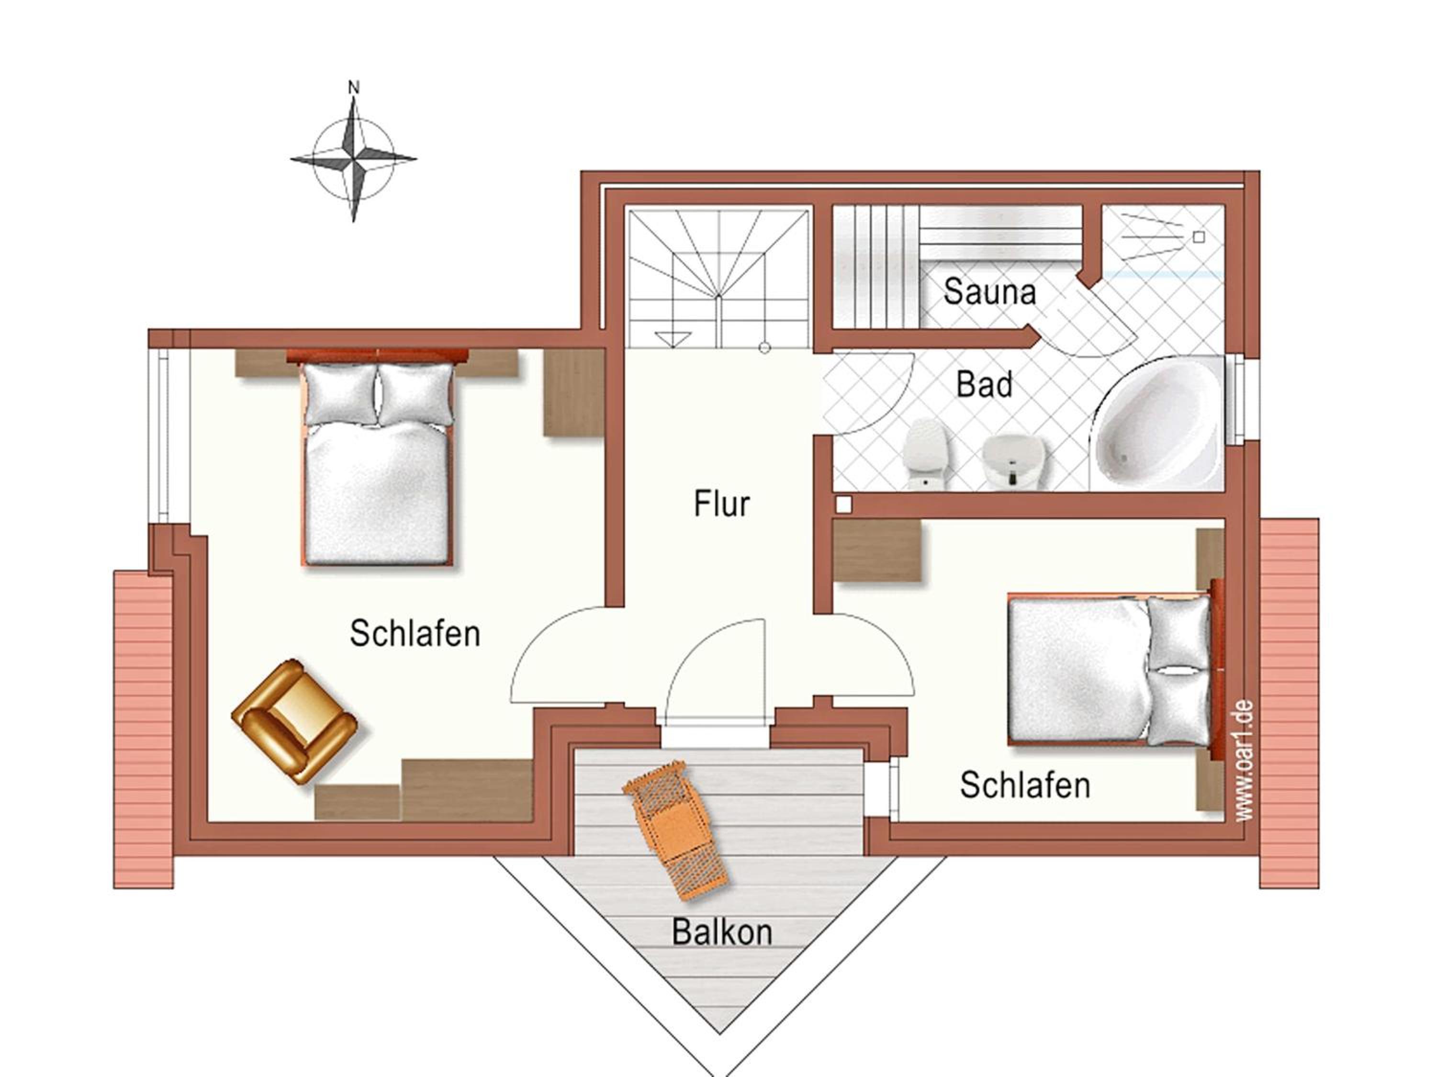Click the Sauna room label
pos(989,292)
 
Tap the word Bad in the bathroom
pos(984,385)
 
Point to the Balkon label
pos(722,932)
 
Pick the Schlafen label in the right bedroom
pos(1025,785)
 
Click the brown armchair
pos(294,721)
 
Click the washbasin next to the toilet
pos(1013,461)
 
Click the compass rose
pos(353,158)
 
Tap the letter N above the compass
pos(354,87)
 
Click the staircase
pos(718,277)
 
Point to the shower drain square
pos(1199,237)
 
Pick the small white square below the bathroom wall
pos(843,505)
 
